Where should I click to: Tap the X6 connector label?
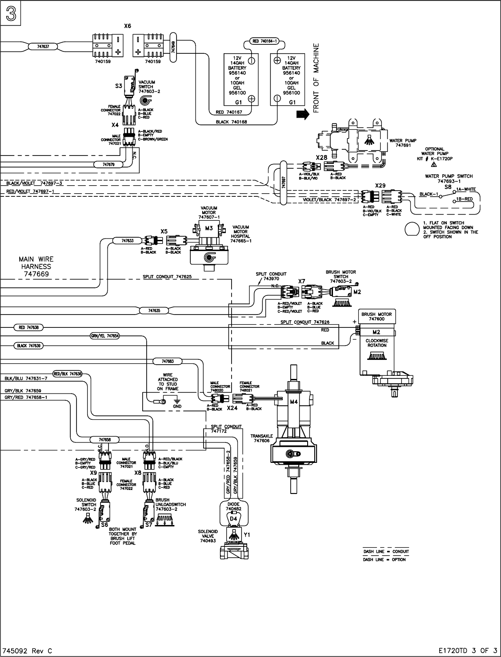point(128,26)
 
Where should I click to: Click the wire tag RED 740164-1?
point(265,41)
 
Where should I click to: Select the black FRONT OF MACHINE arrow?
point(302,115)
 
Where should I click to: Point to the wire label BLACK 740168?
point(232,122)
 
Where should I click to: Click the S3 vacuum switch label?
point(118,86)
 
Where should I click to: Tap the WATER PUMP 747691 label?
point(403,143)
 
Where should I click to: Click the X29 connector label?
point(380,185)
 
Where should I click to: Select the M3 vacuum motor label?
point(209,228)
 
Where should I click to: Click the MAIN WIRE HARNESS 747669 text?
point(35,267)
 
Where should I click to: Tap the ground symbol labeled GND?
point(177,402)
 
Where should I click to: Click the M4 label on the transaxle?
point(293,402)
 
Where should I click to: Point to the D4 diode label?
point(233,518)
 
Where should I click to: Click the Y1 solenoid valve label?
point(247,534)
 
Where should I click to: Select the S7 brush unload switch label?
point(149,525)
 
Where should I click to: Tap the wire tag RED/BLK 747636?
point(68,374)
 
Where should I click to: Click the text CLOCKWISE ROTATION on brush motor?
point(377,343)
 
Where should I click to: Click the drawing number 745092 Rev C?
point(28,651)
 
